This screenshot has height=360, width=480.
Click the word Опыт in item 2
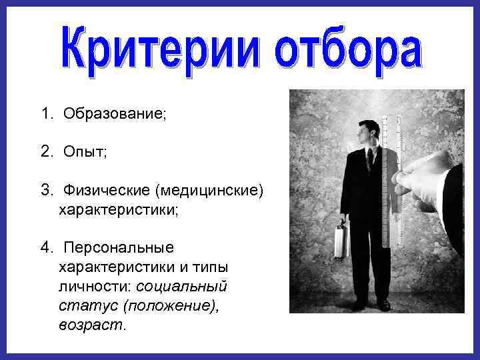pyautogui.click(x=85, y=153)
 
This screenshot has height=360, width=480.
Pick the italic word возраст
pyautogui.click(x=91, y=325)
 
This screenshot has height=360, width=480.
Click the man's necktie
pyautogui.click(x=370, y=160)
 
